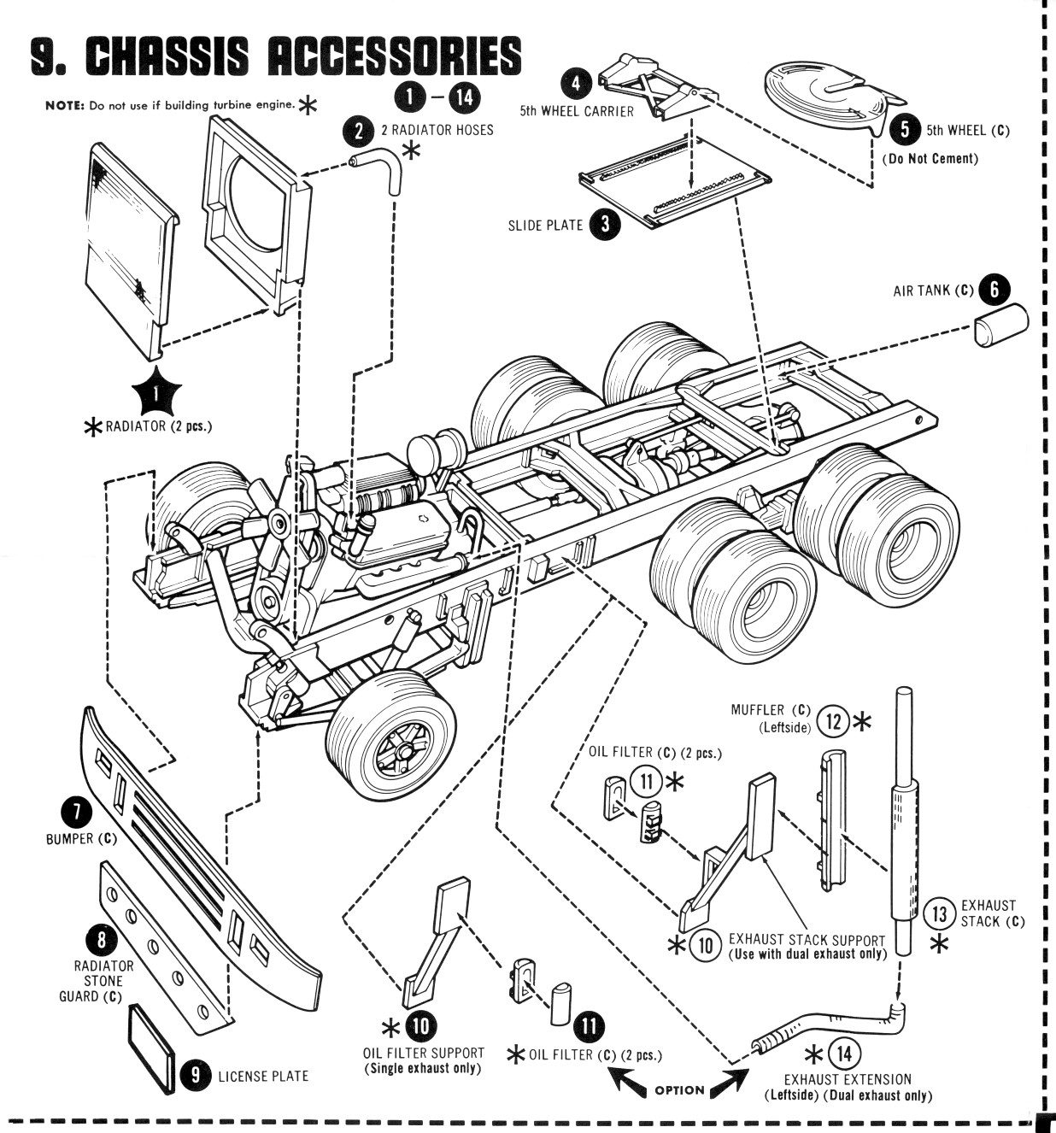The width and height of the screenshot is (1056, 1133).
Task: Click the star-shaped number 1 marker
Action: [156, 395]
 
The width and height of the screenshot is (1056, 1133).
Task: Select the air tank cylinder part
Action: [1000, 325]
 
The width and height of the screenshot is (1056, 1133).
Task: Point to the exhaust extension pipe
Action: [825, 1024]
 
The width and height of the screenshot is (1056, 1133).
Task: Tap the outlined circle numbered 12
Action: [833, 721]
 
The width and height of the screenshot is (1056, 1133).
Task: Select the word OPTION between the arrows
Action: [679, 1089]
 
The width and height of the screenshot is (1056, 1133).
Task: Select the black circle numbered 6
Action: [994, 290]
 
